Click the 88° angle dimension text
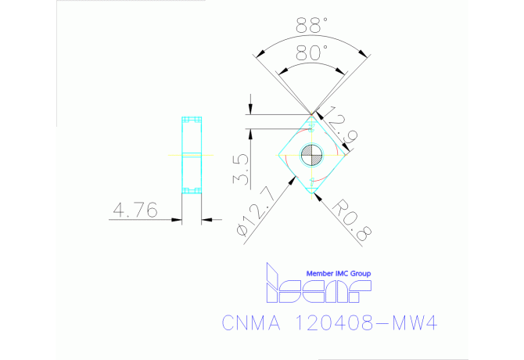click(312, 25)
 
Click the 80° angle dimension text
click(312, 53)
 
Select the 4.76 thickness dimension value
click(136, 210)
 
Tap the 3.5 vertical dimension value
click(242, 169)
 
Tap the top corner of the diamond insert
click(312, 115)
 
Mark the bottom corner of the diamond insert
click(312, 191)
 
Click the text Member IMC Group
click(338, 273)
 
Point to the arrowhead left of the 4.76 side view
click(178, 219)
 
